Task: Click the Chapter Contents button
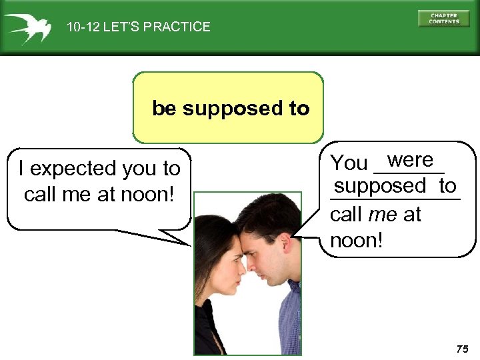tap(444, 19)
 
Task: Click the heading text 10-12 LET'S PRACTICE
tap(138, 27)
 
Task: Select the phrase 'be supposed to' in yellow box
tap(231, 108)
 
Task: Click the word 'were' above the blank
tap(410, 160)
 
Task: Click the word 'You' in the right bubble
tap(349, 162)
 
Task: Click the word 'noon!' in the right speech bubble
tap(357, 240)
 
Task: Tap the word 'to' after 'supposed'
tap(447, 185)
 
